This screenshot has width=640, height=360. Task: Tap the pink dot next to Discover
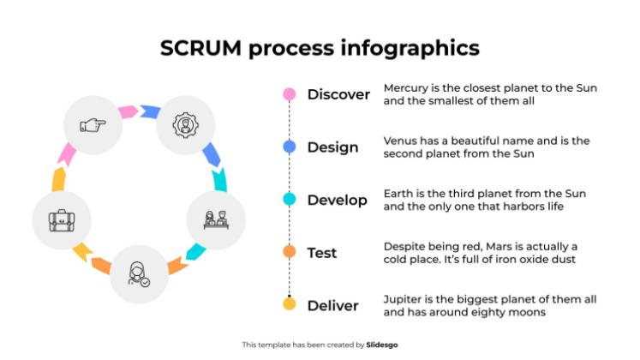point(290,94)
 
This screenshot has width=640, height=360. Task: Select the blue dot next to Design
point(290,147)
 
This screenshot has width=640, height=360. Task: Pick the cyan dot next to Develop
point(290,200)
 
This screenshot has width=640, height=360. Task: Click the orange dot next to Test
point(290,252)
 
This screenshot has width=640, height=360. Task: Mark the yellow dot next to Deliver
point(290,304)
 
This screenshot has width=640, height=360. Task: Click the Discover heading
point(338,94)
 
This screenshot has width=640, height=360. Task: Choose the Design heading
point(332,147)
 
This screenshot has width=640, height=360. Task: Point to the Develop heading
point(337,201)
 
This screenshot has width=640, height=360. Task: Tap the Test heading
point(322,253)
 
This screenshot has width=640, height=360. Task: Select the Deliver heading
point(332,305)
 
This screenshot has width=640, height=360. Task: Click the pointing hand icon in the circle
point(93,126)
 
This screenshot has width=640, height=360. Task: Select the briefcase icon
point(60,220)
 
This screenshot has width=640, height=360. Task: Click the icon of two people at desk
point(214,220)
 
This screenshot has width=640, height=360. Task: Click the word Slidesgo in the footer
point(382,345)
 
